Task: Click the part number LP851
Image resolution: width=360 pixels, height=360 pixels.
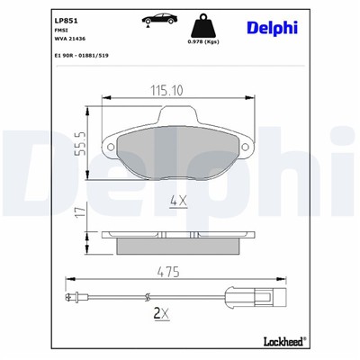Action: [x=65, y=17]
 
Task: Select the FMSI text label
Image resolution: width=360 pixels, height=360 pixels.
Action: [x=62, y=29]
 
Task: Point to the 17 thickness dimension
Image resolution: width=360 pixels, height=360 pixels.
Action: [x=80, y=213]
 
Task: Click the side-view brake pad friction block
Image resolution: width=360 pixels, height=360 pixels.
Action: [x=177, y=242]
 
